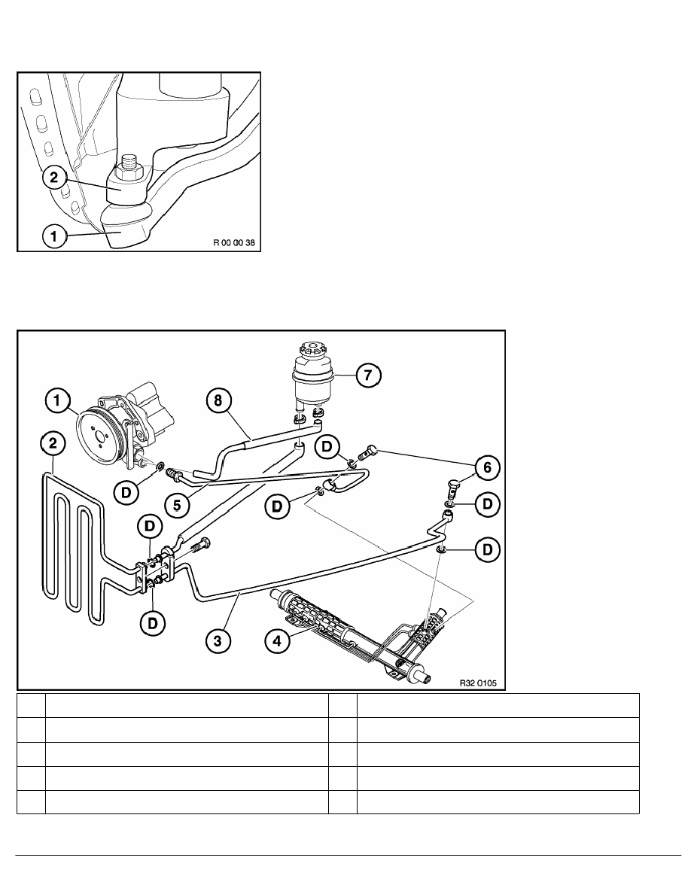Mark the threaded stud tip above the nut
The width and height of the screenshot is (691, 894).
pyautogui.click(x=127, y=162)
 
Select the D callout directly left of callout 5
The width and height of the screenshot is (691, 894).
pyautogui.click(x=126, y=493)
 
